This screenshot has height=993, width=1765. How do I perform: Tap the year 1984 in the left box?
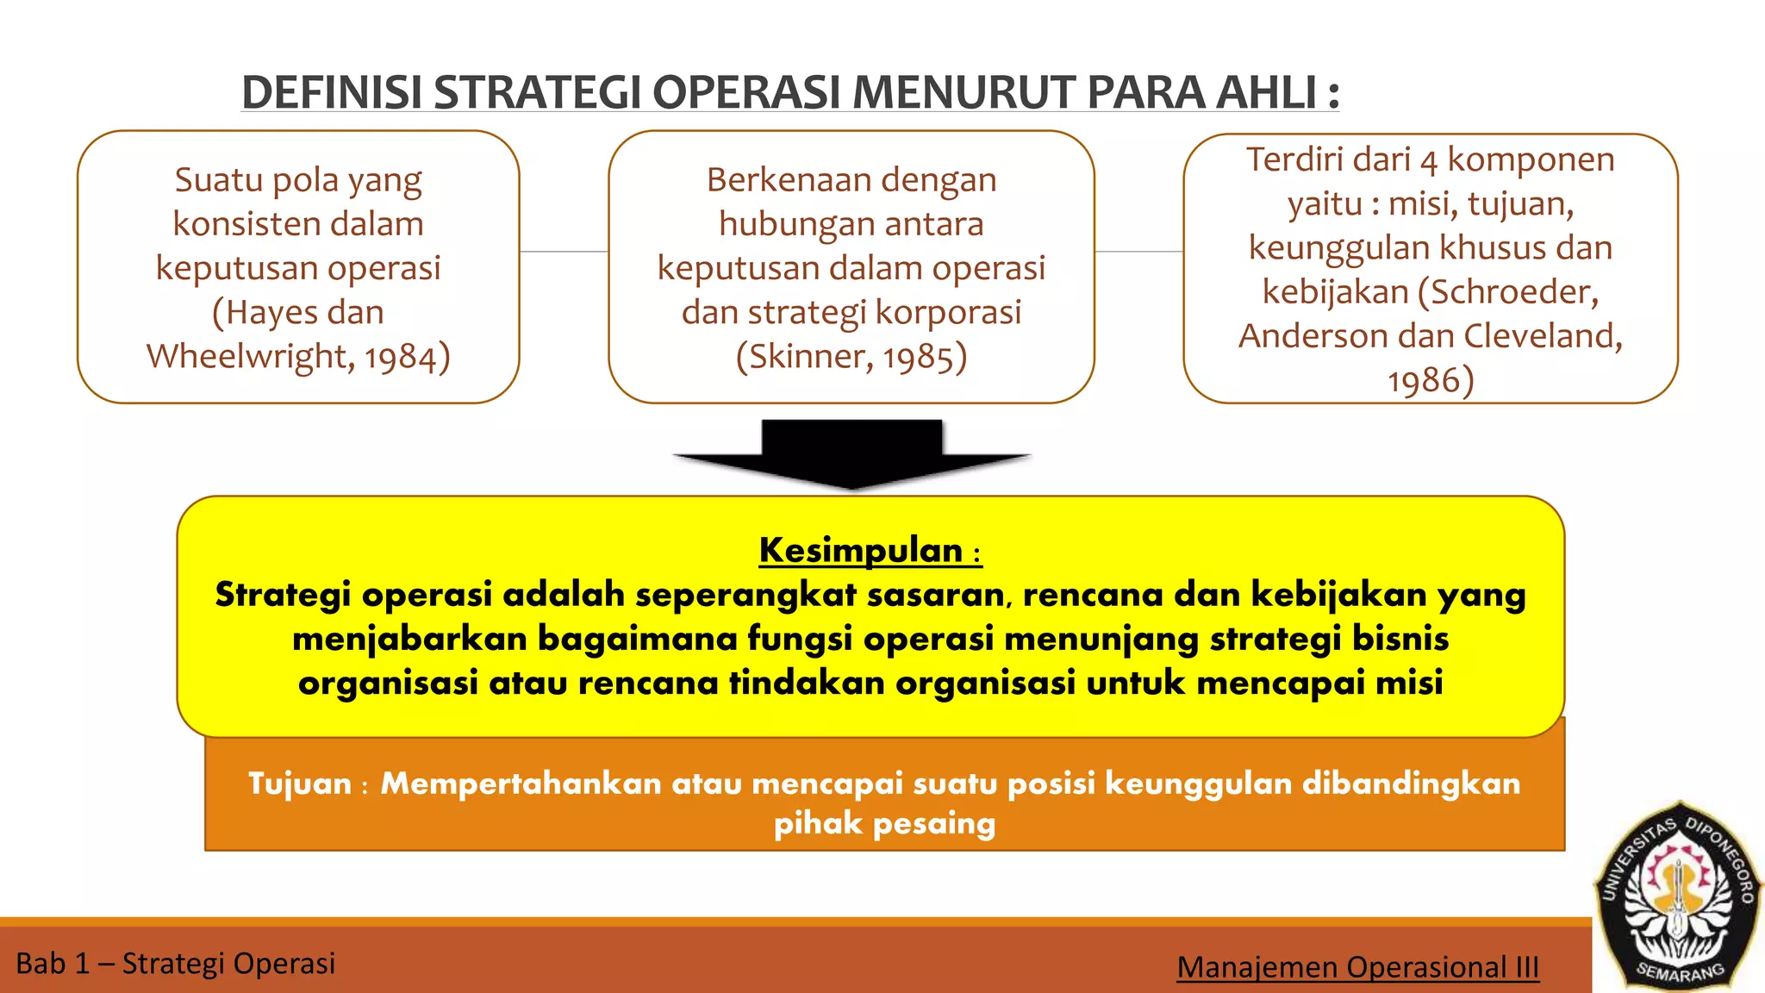point(400,357)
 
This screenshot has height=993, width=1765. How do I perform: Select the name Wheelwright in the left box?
point(248,356)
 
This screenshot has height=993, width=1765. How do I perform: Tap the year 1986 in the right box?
point(1423,380)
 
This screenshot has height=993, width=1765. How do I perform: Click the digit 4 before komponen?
point(1429,161)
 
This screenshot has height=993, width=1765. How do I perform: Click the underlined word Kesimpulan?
point(860,550)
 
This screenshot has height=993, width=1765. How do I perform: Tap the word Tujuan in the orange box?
point(300,784)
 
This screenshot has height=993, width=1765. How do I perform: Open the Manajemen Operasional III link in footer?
point(1357,967)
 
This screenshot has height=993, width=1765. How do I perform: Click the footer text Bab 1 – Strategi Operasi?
point(176,963)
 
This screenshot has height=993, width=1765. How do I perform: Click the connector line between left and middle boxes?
point(564,252)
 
